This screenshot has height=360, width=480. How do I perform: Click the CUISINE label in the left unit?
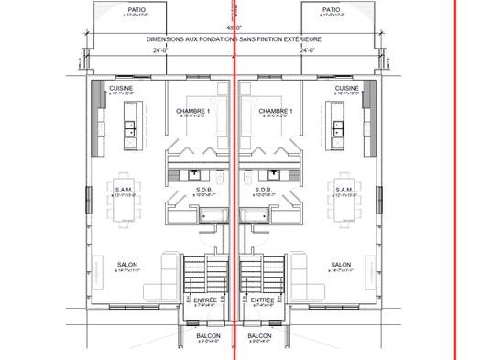point(122,87)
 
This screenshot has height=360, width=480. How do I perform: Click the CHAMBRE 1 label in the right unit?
point(275,111)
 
